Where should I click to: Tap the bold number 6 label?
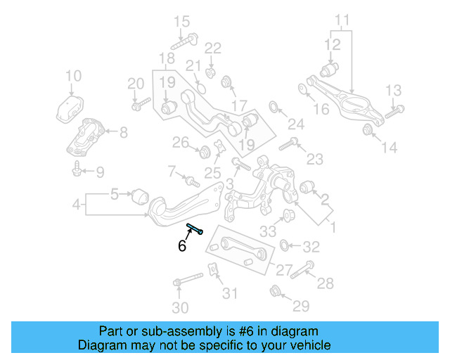coord(181,246)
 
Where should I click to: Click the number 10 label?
coord(73,76)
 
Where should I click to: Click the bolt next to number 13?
coord(395,110)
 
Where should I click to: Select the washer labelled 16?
coord(302,89)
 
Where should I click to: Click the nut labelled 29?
coord(276,289)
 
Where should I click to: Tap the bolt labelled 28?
coord(307,268)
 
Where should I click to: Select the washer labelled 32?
coord(284,245)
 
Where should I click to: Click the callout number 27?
coord(283,269)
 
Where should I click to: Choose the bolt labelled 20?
coord(140,105)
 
